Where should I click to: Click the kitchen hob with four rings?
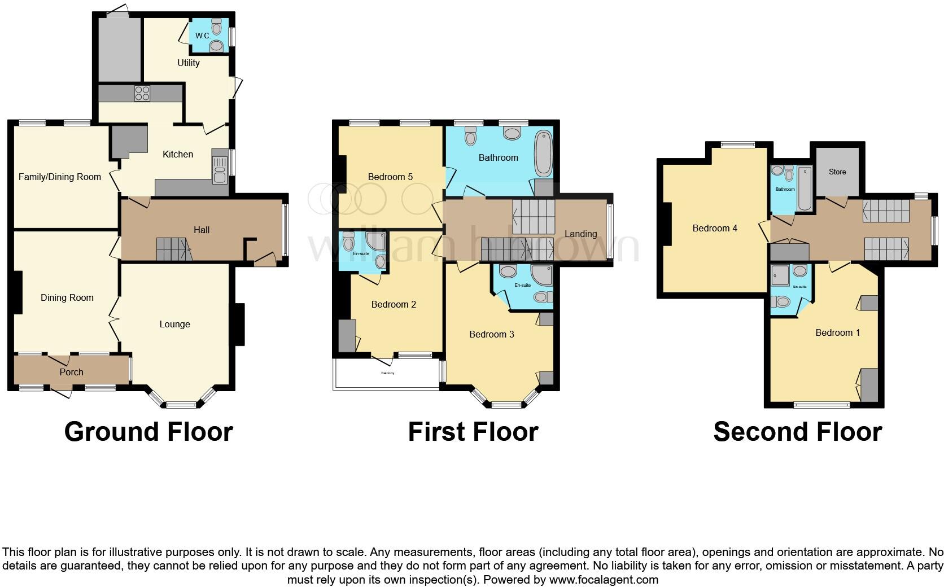[142, 93]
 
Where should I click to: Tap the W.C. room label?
[203, 36]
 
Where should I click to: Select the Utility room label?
[189, 63]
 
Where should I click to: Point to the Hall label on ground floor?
[202, 230]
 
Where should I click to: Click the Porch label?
[71, 372]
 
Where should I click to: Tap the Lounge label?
[174, 324]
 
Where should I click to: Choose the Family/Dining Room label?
[60, 177]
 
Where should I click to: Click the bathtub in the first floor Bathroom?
[544, 152]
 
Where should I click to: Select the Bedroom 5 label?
[390, 177]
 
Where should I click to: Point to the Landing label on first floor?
[580, 234]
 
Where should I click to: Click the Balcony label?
[388, 374]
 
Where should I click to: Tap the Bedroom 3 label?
[492, 334]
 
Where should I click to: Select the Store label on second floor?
[837, 172]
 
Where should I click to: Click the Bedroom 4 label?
[715, 228]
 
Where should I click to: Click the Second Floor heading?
[797, 432]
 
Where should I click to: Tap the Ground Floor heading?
[148, 432]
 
